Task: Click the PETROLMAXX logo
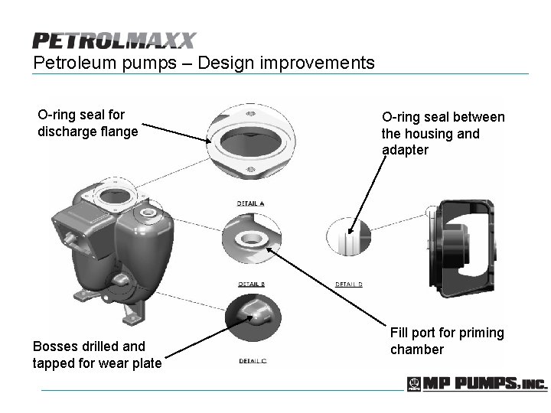tap(114, 41)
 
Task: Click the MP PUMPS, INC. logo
tap(476, 384)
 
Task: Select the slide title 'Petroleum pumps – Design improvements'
tap(204, 62)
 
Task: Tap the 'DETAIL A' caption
tap(251, 203)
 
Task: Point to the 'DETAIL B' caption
tap(251, 284)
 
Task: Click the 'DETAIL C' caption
tap(253, 360)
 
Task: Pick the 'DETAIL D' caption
tap(349, 284)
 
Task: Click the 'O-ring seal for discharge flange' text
tap(87, 123)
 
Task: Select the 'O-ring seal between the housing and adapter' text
tap(442, 133)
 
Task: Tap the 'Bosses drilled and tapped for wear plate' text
tap(97, 354)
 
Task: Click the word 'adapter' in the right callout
tap(406, 150)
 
